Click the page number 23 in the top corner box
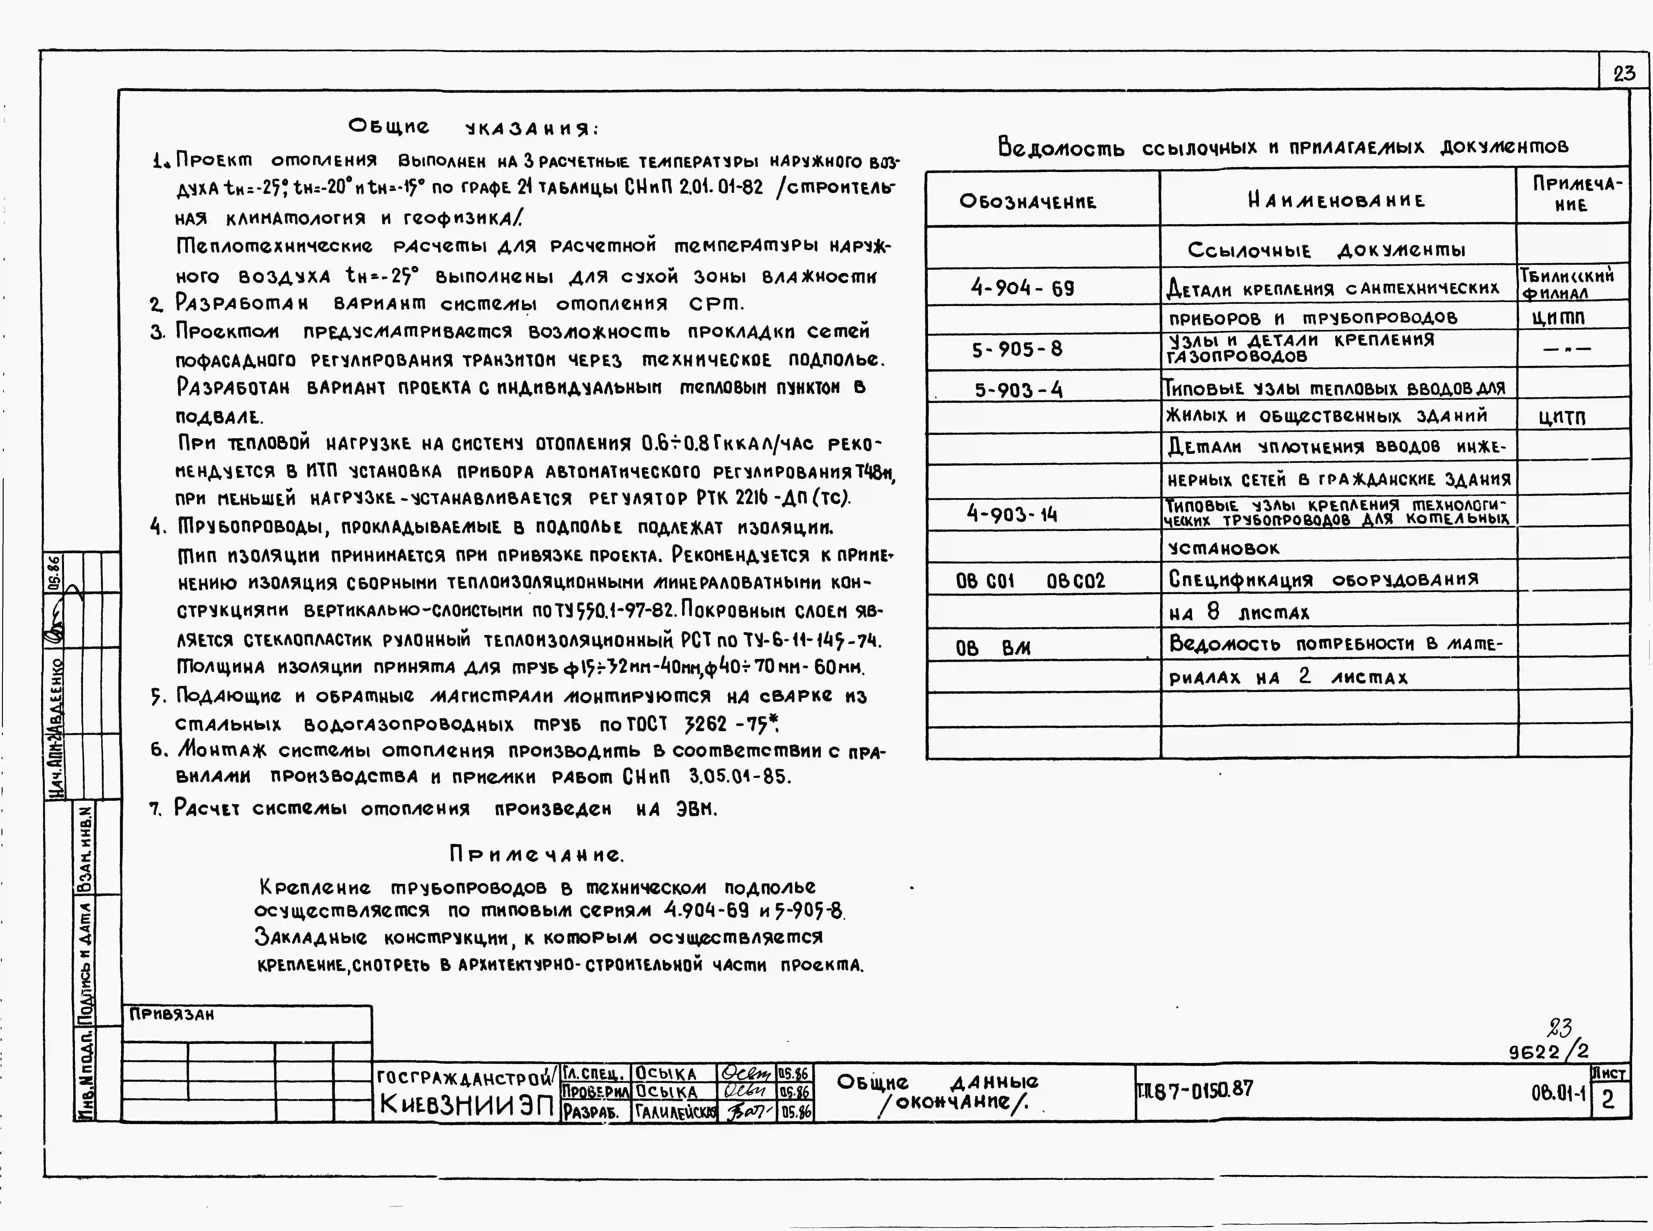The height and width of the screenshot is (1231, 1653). (1624, 73)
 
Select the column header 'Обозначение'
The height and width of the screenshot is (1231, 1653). (1028, 201)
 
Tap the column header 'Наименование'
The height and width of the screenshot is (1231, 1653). (1336, 200)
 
